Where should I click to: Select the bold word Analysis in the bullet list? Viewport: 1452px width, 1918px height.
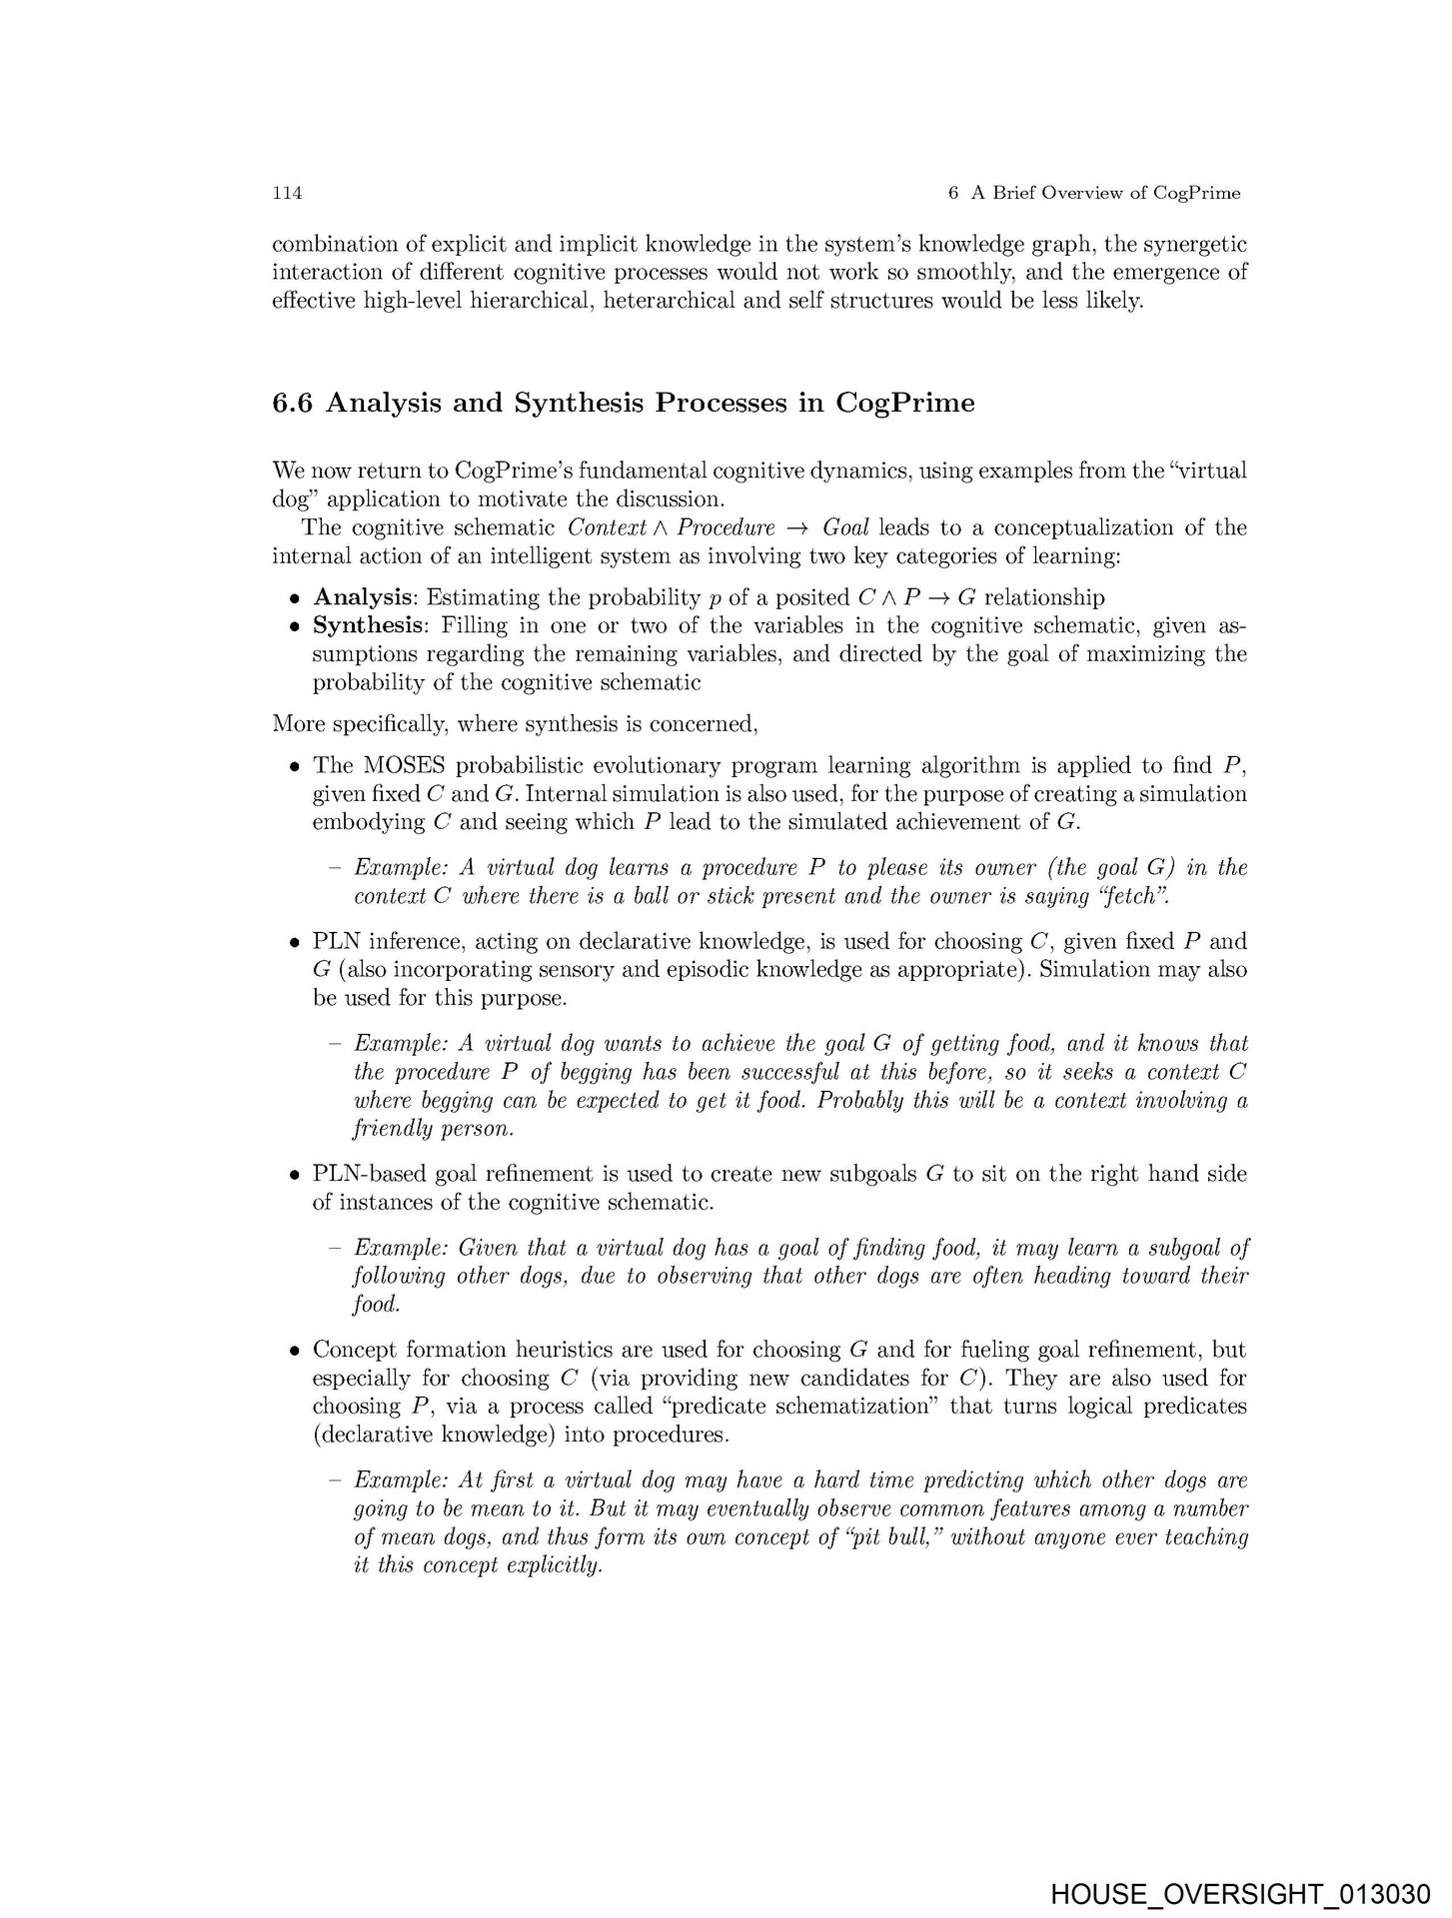coord(363,597)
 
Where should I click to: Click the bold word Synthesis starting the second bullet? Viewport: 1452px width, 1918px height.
coord(368,626)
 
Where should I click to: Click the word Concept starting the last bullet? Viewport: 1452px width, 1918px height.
coord(351,1350)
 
